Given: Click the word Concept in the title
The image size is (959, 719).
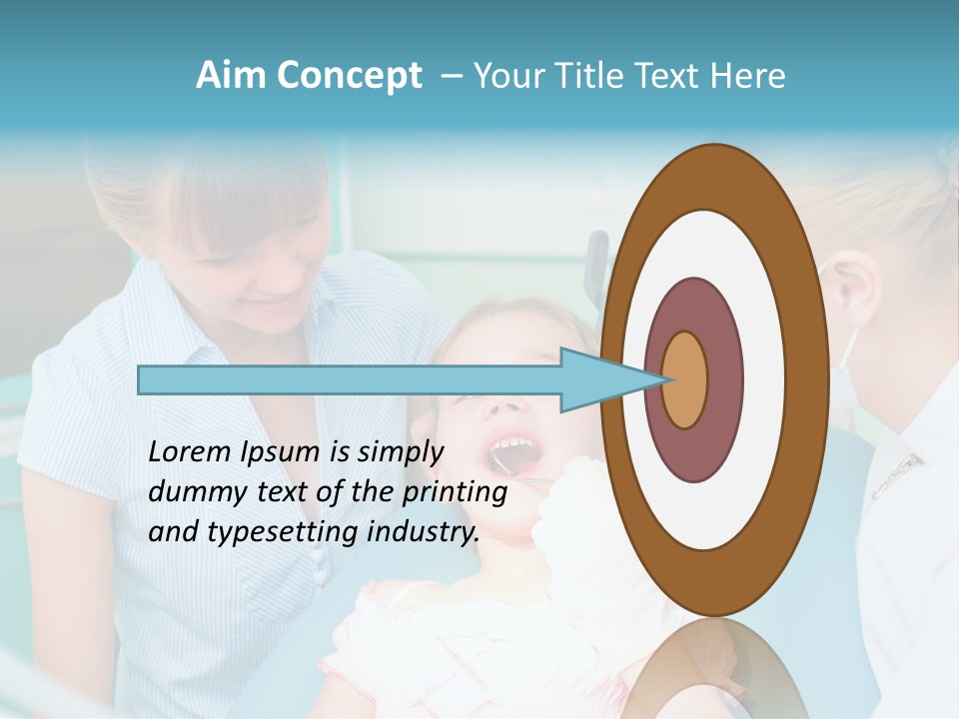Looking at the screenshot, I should [x=349, y=76].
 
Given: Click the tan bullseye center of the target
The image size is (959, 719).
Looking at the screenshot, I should [x=685, y=379].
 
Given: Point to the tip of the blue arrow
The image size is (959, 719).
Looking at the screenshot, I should [x=666, y=379].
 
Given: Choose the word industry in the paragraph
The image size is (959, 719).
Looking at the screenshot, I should [x=420, y=531].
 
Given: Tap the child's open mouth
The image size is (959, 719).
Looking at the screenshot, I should [x=515, y=454].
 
